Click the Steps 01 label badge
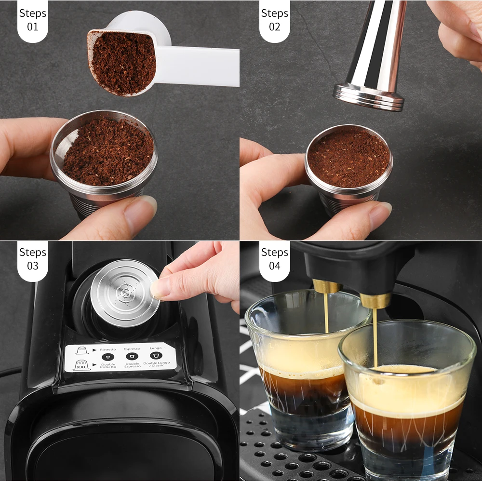pyautogui.click(x=32, y=20)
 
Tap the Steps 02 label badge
pyautogui.click(x=274, y=20)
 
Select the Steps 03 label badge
pyautogui.click(x=32, y=259)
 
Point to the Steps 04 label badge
pyautogui.click(x=274, y=259)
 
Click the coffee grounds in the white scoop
pyautogui.click(x=123, y=62)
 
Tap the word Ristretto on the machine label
pyautogui.click(x=107, y=349)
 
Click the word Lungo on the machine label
pyautogui.click(x=156, y=348)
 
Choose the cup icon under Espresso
pyautogui.click(x=132, y=356)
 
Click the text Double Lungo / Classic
pyautogui.click(x=155, y=365)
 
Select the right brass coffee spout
pyautogui.click(x=375, y=300)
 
